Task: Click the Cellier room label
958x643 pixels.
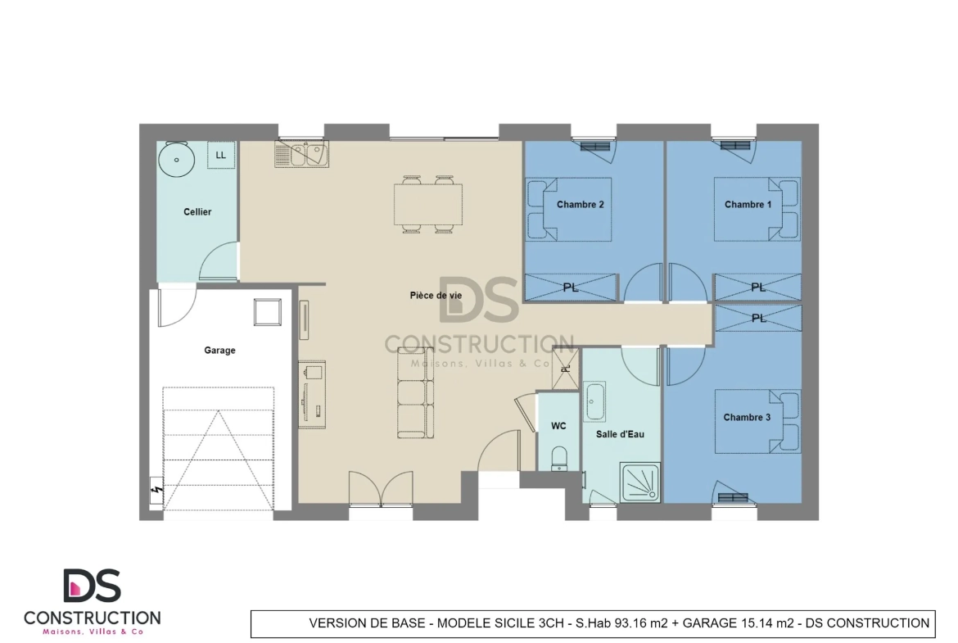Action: tap(197, 212)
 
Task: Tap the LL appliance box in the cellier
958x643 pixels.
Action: tap(220, 156)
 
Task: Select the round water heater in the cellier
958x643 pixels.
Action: tap(177, 160)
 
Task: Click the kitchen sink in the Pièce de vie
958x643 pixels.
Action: tap(302, 154)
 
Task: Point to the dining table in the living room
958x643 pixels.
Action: tap(427, 205)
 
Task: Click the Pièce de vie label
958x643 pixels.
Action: tap(436, 295)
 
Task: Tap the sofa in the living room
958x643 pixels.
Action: tap(415, 392)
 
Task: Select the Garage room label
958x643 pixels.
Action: tap(219, 351)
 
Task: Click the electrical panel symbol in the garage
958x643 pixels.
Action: tap(156, 491)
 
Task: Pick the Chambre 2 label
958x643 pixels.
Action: tap(580, 204)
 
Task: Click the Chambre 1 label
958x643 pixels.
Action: tap(748, 204)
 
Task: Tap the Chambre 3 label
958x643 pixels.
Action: tap(747, 418)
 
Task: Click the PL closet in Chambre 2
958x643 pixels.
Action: tap(571, 288)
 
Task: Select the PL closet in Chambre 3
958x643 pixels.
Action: tap(758, 319)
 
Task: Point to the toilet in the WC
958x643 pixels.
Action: tap(559, 459)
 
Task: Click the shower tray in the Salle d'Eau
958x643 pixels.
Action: tap(639, 482)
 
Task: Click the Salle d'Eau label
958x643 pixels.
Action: tap(620, 434)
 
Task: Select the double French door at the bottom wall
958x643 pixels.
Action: tap(381, 489)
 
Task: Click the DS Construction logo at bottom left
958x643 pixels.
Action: tap(93, 602)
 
